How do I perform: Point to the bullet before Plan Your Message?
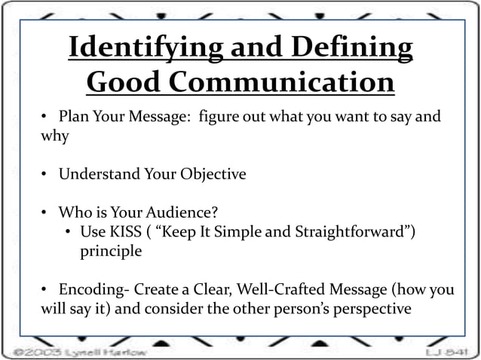tap(44, 117)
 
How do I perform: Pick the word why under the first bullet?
tap(54, 136)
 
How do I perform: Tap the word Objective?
tap(213, 175)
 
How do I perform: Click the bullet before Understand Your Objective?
tap(44, 175)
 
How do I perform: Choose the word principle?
tap(111, 252)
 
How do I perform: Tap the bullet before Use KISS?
tap(69, 232)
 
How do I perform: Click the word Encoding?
tap(89, 290)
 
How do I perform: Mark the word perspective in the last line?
tap(366, 310)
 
